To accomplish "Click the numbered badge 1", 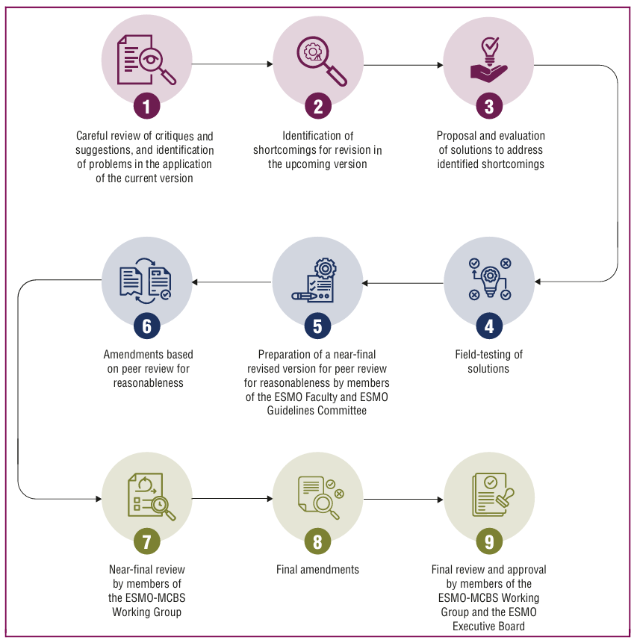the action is click(x=146, y=106).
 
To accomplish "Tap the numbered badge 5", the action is click(x=317, y=326).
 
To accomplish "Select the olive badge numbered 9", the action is click(x=489, y=541).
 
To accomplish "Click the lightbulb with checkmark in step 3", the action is click(x=490, y=50).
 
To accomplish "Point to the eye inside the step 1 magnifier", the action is click(x=151, y=59).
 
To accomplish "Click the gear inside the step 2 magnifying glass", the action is click(x=313, y=52).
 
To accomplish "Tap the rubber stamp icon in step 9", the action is click(x=505, y=497).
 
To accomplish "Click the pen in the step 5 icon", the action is click(x=305, y=296).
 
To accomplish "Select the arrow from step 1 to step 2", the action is click(x=232, y=64).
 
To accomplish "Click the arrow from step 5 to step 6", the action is click(x=232, y=282).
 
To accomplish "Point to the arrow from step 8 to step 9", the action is click(x=403, y=499).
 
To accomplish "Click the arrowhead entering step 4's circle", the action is click(x=538, y=282).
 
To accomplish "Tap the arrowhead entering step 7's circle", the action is click(x=99, y=499).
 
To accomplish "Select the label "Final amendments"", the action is click(x=317, y=569).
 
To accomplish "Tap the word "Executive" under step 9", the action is click(x=473, y=626).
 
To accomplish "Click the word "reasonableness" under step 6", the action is click(x=148, y=383).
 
